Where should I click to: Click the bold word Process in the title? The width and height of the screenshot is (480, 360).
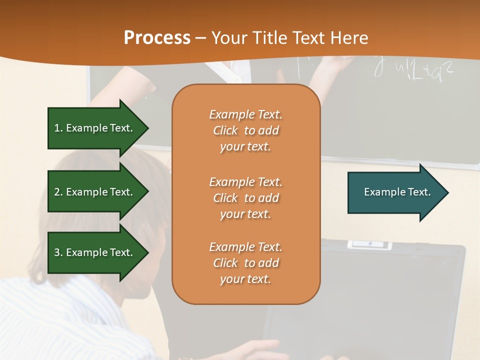point(157,37)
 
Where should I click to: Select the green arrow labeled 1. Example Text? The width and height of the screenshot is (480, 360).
point(95,128)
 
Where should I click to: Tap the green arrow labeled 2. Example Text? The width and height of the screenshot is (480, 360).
point(95,192)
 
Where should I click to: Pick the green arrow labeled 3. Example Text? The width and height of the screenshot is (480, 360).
point(95,252)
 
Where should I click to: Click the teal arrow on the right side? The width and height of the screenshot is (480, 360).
point(395,192)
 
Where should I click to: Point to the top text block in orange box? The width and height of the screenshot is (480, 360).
point(245,130)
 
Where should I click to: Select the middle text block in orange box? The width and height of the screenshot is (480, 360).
point(245,198)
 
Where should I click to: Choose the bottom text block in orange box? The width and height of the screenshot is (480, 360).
point(245,263)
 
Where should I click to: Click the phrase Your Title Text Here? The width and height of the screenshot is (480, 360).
point(290,37)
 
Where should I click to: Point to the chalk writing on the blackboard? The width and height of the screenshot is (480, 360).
point(415,70)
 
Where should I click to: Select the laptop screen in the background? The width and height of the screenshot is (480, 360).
point(365,300)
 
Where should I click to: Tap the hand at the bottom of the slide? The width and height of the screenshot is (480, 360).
point(260,348)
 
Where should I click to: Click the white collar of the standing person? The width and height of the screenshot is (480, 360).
point(233,72)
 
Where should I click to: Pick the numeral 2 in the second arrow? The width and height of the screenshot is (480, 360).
point(57,192)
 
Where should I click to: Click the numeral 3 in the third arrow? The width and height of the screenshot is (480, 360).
point(57,252)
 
